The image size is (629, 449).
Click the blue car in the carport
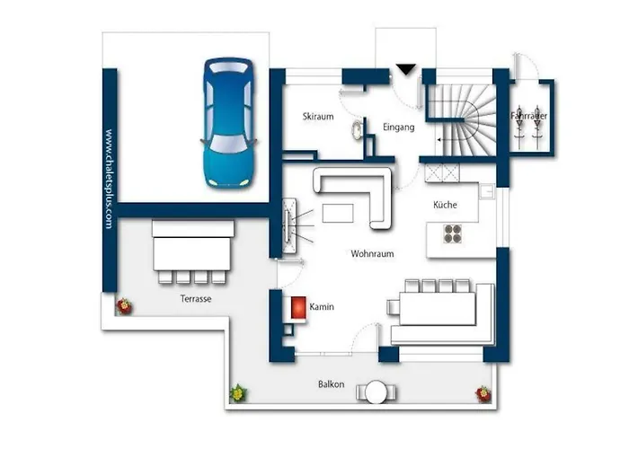coord(227,123)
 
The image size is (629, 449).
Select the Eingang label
coord(398,128)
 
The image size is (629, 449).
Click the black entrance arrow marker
coord(406,69)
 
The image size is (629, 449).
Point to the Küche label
coord(445,205)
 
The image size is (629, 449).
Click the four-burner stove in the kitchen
coord(453,233)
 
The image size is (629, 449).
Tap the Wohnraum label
coord(372,255)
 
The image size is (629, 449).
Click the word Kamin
coord(322,307)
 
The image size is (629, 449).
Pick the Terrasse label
coord(195,298)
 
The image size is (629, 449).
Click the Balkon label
coord(330,384)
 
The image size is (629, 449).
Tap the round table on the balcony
coord(377,392)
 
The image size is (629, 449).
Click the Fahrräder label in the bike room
coord(528,117)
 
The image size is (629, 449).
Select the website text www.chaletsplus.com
coord(108,180)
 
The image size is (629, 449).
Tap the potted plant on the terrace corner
coord(123,307)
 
